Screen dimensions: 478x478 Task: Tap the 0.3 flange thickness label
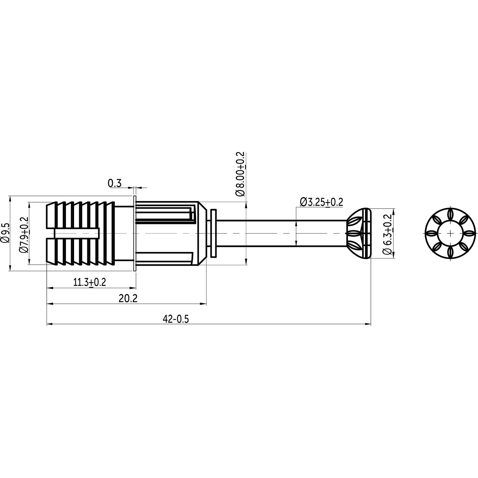pyautogui.click(x=115, y=183)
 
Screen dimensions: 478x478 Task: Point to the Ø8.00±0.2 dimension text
pyautogui.click(x=240, y=174)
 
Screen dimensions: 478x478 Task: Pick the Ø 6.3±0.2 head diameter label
pyautogui.click(x=387, y=234)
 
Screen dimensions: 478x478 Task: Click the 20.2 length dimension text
pyautogui.click(x=128, y=298)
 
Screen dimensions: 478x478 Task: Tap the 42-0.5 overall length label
pyautogui.click(x=176, y=319)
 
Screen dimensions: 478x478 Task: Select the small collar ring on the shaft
pyautogui.click(x=214, y=234)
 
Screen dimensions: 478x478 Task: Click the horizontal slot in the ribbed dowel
pyautogui.click(x=77, y=234)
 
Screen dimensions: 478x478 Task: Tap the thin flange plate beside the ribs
pyautogui.click(x=134, y=234)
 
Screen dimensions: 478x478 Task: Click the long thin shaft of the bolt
pyautogui.click(x=280, y=234)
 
